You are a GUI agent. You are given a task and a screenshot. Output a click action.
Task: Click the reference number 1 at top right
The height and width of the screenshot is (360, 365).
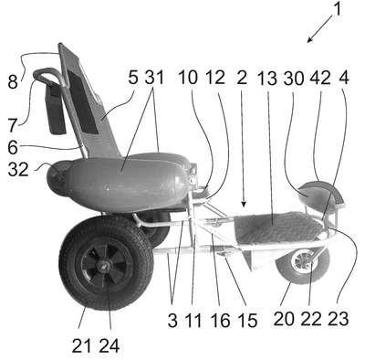tap(337, 9)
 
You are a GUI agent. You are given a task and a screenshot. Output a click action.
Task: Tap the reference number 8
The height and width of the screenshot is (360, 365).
tap(13, 81)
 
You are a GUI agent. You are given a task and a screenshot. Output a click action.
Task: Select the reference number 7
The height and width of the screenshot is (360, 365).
tap(13, 124)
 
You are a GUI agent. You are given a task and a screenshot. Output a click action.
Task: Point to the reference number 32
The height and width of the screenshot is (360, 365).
tap(18, 169)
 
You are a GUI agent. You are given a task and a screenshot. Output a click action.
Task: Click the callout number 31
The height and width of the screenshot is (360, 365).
tap(154, 78)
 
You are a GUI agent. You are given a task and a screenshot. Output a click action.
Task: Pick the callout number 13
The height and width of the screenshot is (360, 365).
tap(266, 79)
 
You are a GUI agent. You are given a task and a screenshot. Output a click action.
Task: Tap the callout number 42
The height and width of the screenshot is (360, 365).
tap(320, 79)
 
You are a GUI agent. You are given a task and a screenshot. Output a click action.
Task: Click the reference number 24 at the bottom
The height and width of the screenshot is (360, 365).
tap(109, 345)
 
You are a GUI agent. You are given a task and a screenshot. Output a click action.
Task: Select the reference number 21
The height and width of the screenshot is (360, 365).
tap(81, 345)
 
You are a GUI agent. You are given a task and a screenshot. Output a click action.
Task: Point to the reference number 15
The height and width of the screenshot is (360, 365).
tap(247, 320)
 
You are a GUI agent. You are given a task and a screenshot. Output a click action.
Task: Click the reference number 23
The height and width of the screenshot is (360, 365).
tap(339, 319)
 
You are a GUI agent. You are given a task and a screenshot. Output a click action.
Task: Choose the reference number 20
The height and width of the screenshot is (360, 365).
tap(284, 319)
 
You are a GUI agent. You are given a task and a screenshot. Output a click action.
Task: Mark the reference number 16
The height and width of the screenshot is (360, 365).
tap(221, 320)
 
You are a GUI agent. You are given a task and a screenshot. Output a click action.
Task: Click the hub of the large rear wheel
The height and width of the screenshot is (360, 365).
tap(103, 268)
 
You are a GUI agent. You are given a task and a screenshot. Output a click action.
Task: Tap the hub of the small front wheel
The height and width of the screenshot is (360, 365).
tap(304, 262)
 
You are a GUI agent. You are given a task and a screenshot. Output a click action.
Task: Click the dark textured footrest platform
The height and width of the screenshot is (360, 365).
tap(278, 228)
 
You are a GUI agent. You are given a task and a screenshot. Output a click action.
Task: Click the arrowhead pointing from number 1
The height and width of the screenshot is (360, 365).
tap(309, 40)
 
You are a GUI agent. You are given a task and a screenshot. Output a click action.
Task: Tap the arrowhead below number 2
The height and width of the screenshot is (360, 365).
tap(244, 205)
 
